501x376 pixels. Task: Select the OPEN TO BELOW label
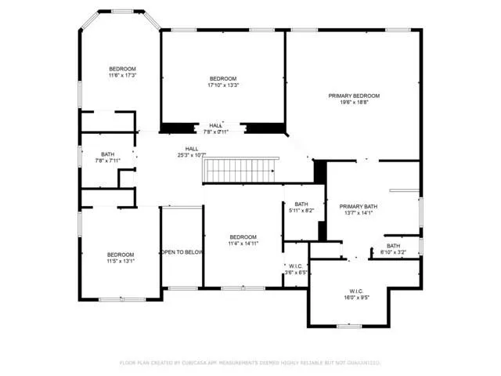[182, 252]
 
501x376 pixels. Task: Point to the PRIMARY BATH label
[361, 207]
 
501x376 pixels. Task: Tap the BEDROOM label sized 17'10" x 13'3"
[223, 79]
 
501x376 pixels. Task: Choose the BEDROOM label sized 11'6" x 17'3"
[122, 69]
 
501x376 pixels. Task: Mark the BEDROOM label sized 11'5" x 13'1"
[121, 255]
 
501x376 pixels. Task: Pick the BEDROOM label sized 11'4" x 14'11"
[243, 237]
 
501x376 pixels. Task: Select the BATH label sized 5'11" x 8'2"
[301, 204]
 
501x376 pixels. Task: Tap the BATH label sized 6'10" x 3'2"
[393, 246]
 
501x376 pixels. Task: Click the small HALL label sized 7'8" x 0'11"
[217, 125]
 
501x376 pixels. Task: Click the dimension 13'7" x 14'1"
[361, 214]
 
